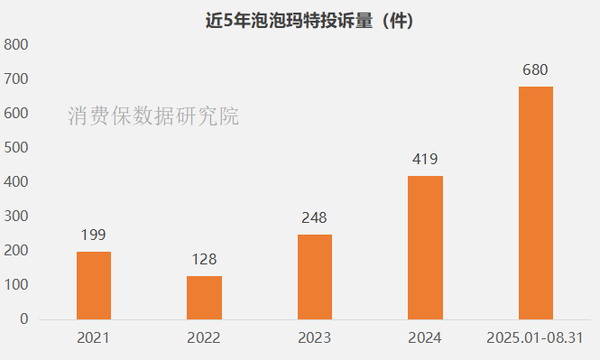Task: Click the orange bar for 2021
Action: [x=94, y=285]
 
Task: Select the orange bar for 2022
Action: [x=204, y=297]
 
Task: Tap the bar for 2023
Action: [x=315, y=276]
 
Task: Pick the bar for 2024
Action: [x=425, y=247]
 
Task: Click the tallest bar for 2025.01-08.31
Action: [x=536, y=202]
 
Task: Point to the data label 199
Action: [x=94, y=235]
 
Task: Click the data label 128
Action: [x=204, y=260]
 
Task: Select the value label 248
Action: [x=315, y=217]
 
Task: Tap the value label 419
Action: [x=425, y=160]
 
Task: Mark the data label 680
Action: [x=536, y=69]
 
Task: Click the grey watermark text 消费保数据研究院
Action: [x=153, y=116]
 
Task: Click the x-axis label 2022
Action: [x=204, y=338]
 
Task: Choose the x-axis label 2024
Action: [x=425, y=338]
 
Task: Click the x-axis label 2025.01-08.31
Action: [x=536, y=338]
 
